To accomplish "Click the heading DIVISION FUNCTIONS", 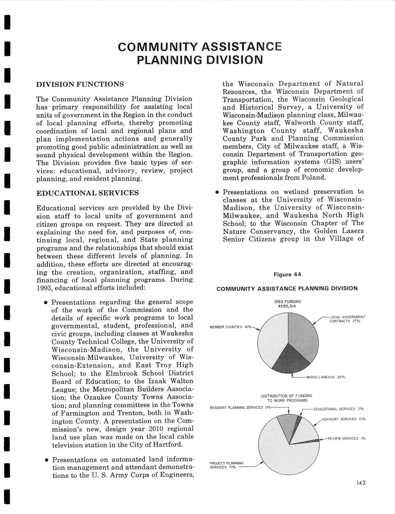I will point(80,84).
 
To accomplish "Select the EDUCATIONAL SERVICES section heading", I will point(87,193).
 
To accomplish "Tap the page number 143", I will point(361,483).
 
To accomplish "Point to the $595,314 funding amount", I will point(287,306).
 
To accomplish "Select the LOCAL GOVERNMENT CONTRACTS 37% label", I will point(347,319).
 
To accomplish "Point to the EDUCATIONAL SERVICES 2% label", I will point(339,409).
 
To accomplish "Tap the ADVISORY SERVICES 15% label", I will point(344,419).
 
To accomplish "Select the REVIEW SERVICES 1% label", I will point(347,438).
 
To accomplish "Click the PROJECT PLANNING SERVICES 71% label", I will point(226,465).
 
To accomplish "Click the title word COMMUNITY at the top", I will point(160,47).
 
